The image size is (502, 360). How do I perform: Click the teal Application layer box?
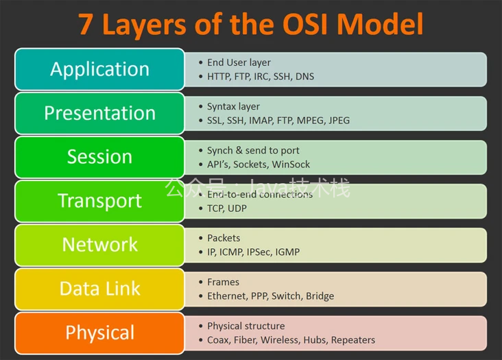click(x=99, y=69)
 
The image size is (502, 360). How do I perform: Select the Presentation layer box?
click(x=99, y=113)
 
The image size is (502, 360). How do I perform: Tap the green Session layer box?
click(x=99, y=157)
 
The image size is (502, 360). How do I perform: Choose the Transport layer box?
click(x=99, y=201)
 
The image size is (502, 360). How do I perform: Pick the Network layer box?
click(x=99, y=245)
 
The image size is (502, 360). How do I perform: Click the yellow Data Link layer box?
click(x=99, y=289)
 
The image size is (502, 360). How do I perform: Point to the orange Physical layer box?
click(x=99, y=333)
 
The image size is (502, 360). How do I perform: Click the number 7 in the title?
click(x=87, y=24)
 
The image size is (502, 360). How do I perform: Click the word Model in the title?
click(x=380, y=24)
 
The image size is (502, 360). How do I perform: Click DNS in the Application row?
click(x=304, y=77)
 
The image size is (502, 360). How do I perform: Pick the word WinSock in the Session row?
click(x=291, y=165)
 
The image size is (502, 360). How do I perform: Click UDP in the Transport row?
click(x=237, y=208)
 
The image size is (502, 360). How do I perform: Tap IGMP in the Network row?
click(x=287, y=252)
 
